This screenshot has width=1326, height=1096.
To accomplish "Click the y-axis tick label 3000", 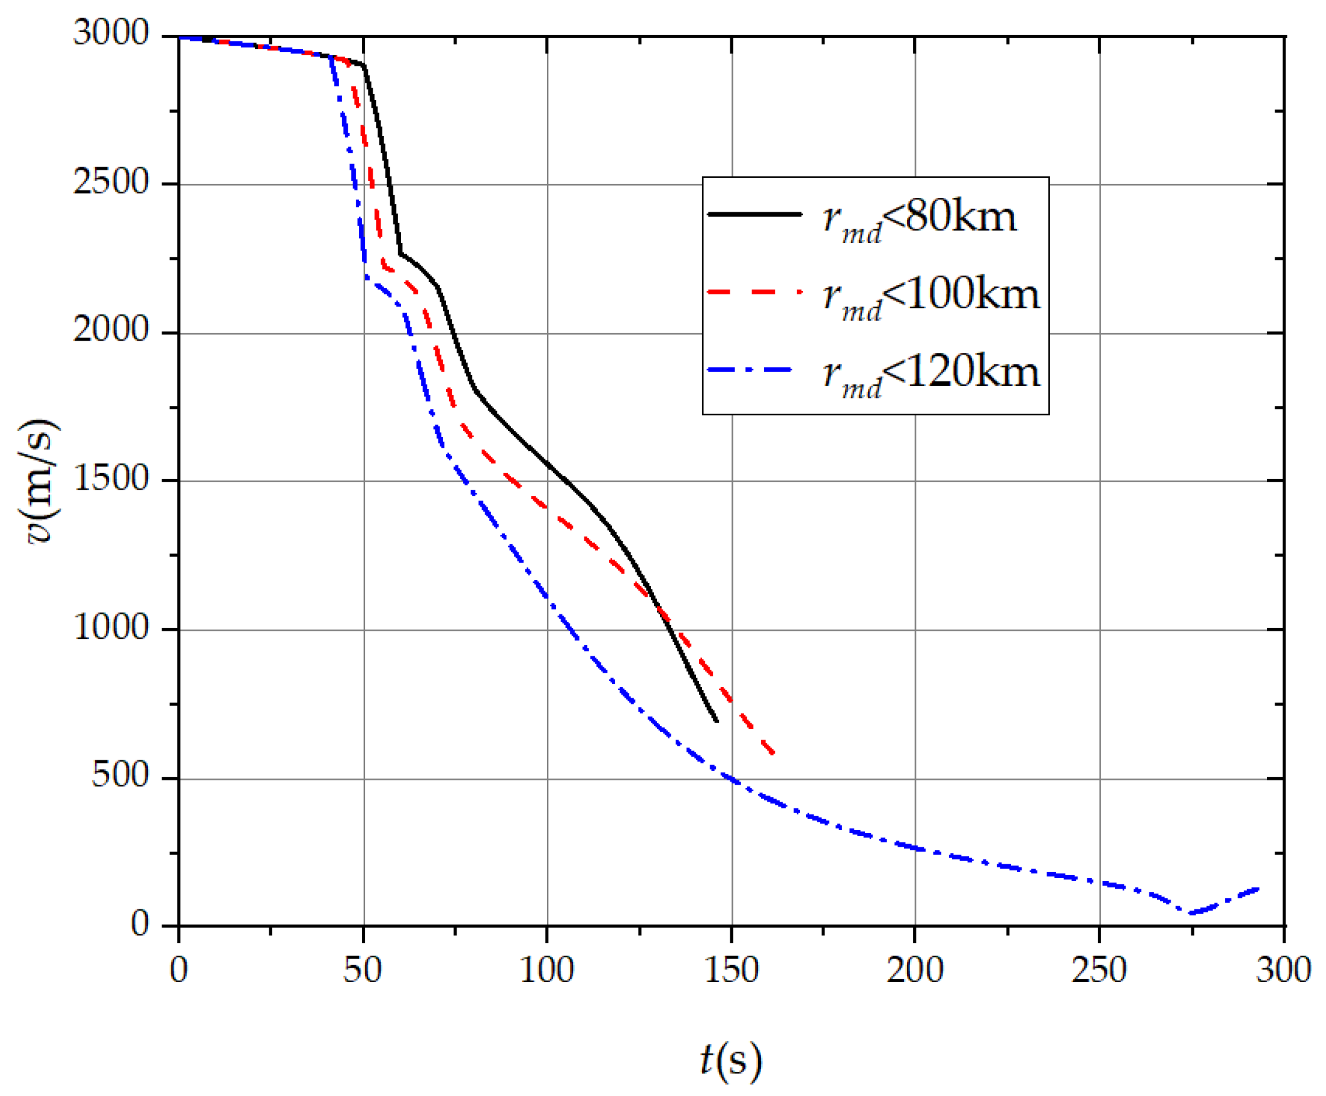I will click(x=110, y=33).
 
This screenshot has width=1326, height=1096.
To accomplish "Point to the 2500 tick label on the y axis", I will click(x=110, y=182).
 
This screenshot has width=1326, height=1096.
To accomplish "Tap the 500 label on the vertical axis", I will click(x=120, y=775).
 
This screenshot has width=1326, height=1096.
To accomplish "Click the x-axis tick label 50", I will click(x=363, y=970).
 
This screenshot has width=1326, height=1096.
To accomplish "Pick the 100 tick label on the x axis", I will click(x=547, y=970).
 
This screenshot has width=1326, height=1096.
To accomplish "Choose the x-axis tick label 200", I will click(x=915, y=970).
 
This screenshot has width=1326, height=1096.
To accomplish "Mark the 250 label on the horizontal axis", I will click(x=1099, y=970).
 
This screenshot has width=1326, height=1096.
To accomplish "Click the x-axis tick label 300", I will click(x=1283, y=970).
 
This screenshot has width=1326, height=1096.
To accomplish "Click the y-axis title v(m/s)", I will click(x=39, y=481).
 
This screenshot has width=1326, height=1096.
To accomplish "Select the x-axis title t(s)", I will click(x=731, y=1061).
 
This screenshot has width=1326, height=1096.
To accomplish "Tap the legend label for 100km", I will click(x=931, y=297).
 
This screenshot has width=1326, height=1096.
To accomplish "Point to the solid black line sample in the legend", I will click(x=755, y=215).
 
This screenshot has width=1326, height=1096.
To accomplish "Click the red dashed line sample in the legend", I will click(x=755, y=292).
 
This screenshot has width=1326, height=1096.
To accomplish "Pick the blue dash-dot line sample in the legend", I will click(x=755, y=370).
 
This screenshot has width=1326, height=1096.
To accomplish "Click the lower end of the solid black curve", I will click(x=717, y=720).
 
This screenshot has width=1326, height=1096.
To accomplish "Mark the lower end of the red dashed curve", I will click(x=774, y=754).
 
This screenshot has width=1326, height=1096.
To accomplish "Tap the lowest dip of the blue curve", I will click(x=1191, y=913).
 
